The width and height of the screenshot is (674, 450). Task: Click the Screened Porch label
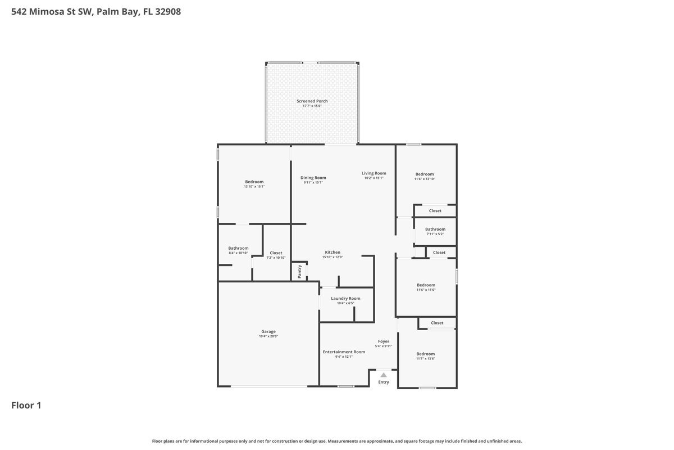pyautogui.click(x=312, y=101)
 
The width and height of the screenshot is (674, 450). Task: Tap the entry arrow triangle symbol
pyautogui.click(x=383, y=375)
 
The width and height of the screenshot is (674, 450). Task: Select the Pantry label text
pyautogui.click(x=299, y=272)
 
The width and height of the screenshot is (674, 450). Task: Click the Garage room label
pyautogui.click(x=268, y=331)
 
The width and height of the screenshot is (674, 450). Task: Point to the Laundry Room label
pyautogui.click(x=345, y=298)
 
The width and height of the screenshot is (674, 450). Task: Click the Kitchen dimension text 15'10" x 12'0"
pyautogui.click(x=333, y=257)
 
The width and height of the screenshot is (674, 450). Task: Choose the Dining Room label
pyautogui.click(x=313, y=178)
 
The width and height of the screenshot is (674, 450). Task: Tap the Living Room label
pyautogui.click(x=374, y=173)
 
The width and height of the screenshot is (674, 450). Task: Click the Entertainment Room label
pyautogui.click(x=344, y=352)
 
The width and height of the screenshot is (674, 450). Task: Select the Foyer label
pyautogui.click(x=383, y=341)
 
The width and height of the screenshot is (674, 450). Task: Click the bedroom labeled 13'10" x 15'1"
pyautogui.click(x=254, y=182)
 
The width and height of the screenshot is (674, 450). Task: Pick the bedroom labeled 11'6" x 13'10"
pyautogui.click(x=424, y=174)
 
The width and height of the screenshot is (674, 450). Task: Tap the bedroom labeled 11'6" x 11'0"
pyautogui.click(x=425, y=285)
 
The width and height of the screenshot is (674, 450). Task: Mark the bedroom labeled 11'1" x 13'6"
pyautogui.click(x=425, y=354)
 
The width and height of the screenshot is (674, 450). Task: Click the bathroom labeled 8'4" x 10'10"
pyautogui.click(x=238, y=248)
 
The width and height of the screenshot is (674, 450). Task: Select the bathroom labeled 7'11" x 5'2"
pyautogui.click(x=435, y=229)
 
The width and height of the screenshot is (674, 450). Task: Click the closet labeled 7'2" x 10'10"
pyautogui.click(x=276, y=253)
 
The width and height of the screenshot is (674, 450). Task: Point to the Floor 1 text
pyautogui.click(x=26, y=405)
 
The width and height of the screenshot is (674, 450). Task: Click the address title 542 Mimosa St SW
pyautogui.click(x=95, y=11)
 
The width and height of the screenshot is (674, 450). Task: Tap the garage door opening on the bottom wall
pyautogui.click(x=269, y=386)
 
